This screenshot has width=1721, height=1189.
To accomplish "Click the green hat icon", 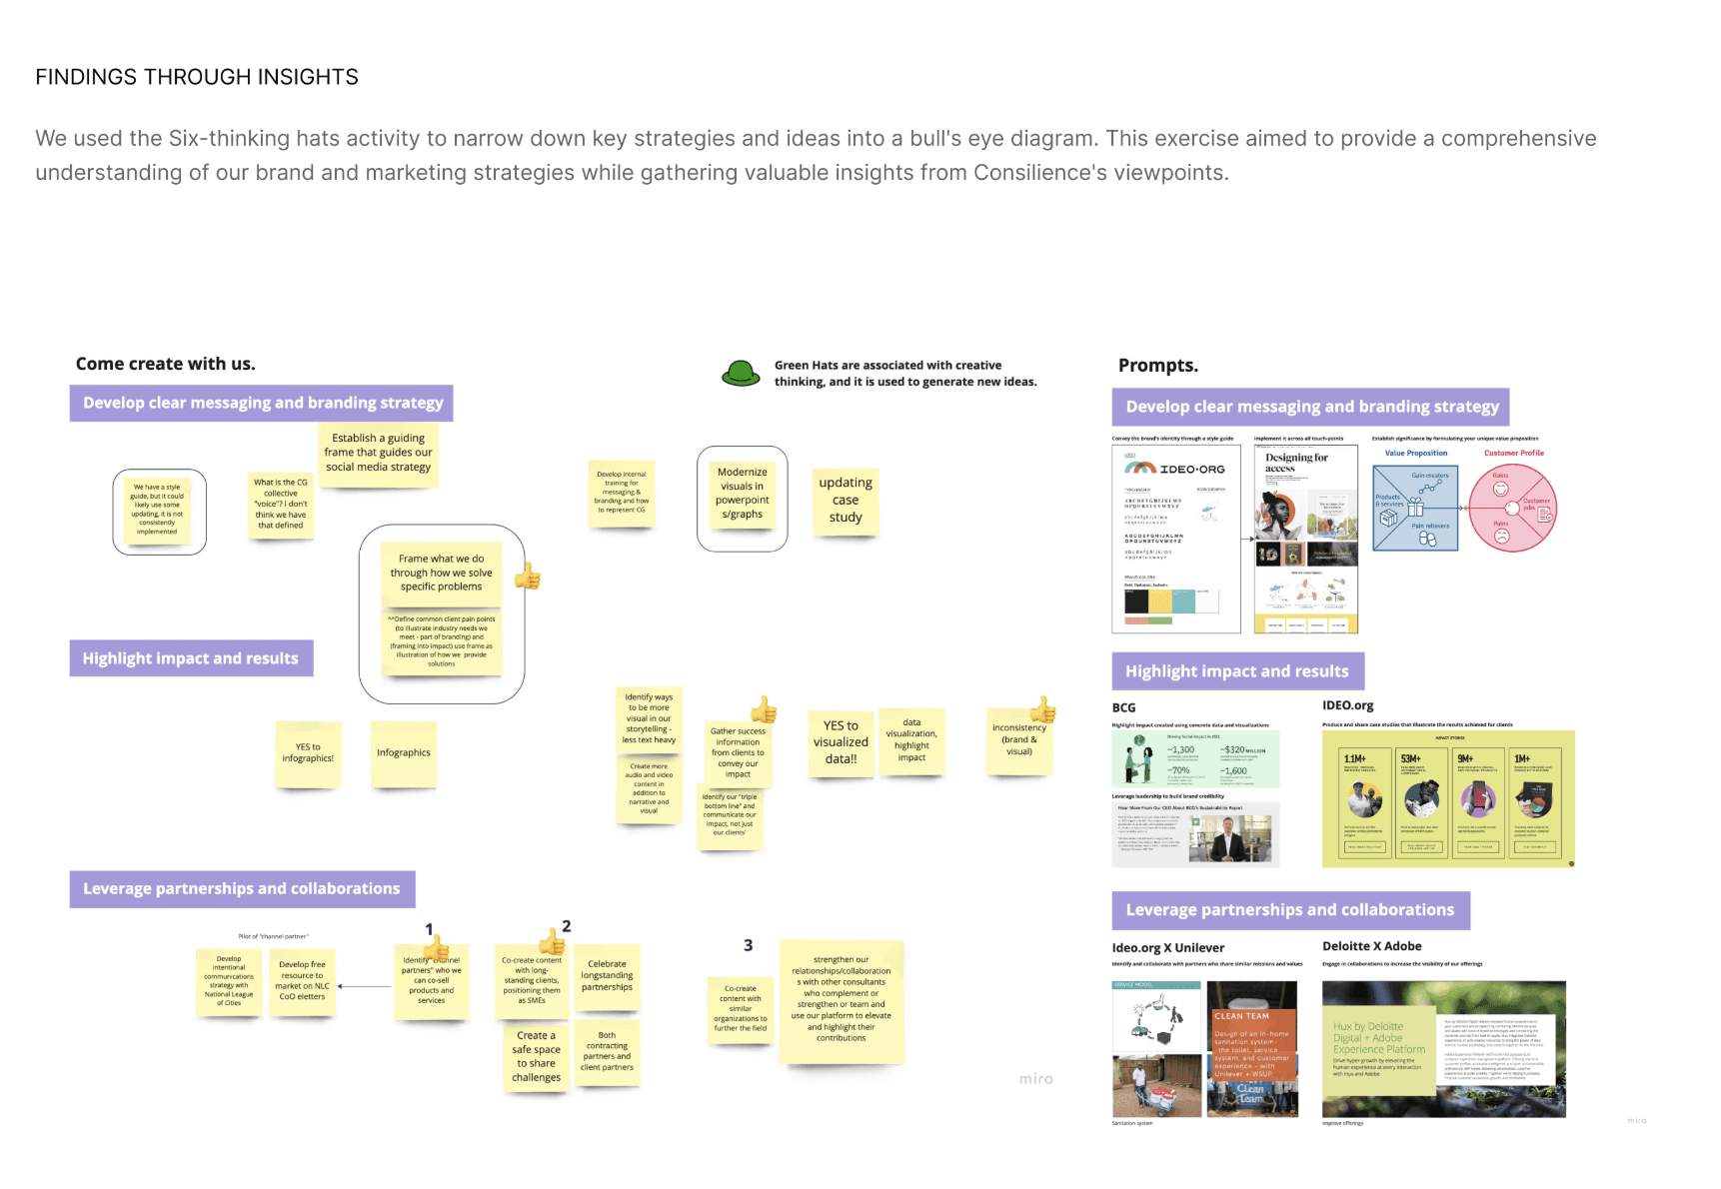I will point(741,374).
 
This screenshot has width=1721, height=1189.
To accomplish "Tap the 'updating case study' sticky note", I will point(845,500).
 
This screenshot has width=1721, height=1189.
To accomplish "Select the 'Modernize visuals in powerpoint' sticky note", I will point(742,494).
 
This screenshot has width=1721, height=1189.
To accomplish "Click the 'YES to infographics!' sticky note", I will point(308,753).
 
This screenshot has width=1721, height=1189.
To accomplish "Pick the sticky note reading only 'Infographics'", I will point(404,753).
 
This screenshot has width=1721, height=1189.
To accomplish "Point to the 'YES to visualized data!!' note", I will point(841,742).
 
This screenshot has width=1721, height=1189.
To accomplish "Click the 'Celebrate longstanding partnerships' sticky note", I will point(607,975).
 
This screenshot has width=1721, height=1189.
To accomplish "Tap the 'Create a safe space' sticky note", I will point(536,1056).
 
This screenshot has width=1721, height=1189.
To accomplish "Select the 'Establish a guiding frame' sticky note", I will point(378,453).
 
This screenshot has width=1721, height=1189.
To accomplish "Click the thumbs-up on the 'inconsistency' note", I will point(1042,709).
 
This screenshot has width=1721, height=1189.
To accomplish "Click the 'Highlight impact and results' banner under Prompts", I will point(1236,671).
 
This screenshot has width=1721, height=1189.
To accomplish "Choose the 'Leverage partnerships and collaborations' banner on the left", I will point(242,888).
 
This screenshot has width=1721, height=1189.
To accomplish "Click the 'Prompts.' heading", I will point(1157,366).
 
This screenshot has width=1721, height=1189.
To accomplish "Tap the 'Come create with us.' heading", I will point(165,364).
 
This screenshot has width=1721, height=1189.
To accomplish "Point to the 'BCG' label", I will point(1123,707).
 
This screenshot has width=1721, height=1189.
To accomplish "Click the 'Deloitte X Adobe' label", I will point(1371,946).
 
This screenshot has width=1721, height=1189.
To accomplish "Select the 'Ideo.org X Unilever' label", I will point(1167,948).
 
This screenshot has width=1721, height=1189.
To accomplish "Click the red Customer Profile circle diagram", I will point(1513,509).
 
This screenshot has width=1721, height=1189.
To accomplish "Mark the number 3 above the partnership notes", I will point(748,945).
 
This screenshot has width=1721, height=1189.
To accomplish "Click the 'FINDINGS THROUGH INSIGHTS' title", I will point(197,77).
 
